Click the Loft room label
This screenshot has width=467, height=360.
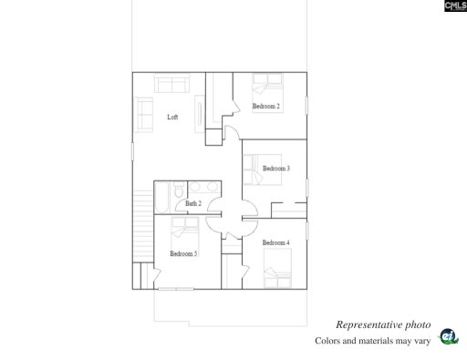172,117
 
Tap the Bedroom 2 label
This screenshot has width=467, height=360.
266,107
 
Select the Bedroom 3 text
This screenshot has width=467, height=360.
276,169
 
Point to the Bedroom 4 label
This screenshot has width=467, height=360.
275,242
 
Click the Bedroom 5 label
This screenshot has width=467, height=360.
183,253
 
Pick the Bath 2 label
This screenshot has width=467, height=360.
193,203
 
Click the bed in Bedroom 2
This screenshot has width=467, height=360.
269,87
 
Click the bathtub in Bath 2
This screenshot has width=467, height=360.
162,196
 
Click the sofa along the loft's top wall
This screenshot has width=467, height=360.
171,85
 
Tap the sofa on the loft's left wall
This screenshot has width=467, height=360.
144,117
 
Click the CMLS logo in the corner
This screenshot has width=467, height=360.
455,8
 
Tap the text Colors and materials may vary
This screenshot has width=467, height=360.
371,341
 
